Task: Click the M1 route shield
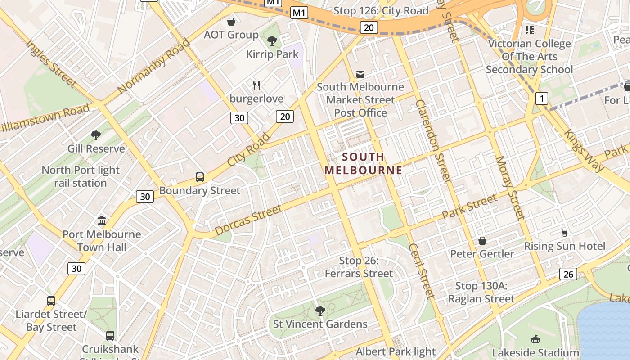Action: pyautogui.click(x=299, y=13)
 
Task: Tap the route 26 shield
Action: pyautogui.click(x=568, y=274)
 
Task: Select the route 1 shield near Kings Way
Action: pyautogui.click(x=542, y=98)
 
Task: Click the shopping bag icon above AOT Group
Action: pyautogui.click(x=231, y=22)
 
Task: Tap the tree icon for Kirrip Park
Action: pyautogui.click(x=272, y=41)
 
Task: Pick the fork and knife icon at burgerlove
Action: pyautogui.click(x=256, y=85)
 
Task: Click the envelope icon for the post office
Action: pyautogui.click(x=360, y=74)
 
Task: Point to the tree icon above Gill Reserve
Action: pyautogui.click(x=95, y=135)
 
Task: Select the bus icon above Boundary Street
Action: pyautogui.click(x=199, y=177)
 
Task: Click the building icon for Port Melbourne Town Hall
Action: pyautogui.click(x=102, y=221)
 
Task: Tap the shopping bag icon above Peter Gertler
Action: pyautogui.click(x=482, y=241)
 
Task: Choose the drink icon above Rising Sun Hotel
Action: pyautogui.click(x=564, y=233)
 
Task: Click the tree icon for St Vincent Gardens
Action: pyautogui.click(x=320, y=310)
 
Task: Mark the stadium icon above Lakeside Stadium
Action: pyautogui.click(x=535, y=339)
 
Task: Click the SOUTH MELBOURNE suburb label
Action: pyautogui.click(x=363, y=163)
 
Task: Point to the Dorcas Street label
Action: pyautogui.click(x=249, y=220)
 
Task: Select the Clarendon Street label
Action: pyautogui.click(x=433, y=141)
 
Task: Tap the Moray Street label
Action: pyautogui.click(x=510, y=188)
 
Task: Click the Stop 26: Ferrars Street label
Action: pyautogui.click(x=359, y=267)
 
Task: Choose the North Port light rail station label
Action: pyautogui.click(x=81, y=176)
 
